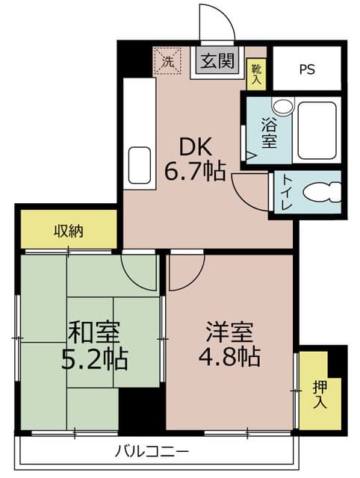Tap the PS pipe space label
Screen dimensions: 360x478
coord(307,69)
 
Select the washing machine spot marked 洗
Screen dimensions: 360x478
coord(167,62)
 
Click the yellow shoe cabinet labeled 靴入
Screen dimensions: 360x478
coord(256,75)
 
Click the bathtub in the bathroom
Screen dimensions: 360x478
coord(317,131)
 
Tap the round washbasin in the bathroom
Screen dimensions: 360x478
coord(282,106)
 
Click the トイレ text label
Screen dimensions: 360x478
coord(287,192)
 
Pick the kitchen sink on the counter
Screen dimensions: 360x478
coord(140,166)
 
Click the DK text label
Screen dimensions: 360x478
coord(196,147)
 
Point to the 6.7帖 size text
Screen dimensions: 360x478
coord(195,171)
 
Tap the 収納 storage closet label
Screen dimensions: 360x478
coord(69,231)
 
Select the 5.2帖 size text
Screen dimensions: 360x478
coord(95,359)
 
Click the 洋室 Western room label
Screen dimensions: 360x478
coord(229,332)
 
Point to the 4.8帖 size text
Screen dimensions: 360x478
coord(229,356)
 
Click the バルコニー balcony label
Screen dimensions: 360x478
coord(152,451)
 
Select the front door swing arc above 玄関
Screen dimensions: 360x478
coord(225,16)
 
